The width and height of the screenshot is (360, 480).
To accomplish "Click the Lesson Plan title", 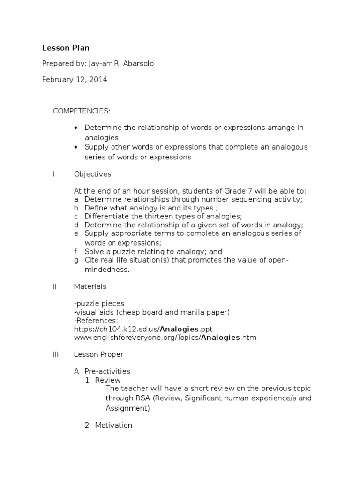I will [x=66, y=48].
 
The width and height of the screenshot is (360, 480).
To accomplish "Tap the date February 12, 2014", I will [x=75, y=79].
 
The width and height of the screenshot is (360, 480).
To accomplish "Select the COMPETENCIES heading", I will [x=82, y=111].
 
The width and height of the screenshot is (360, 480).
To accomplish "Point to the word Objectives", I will [x=92, y=174].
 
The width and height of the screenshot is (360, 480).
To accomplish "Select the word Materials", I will [x=90, y=286].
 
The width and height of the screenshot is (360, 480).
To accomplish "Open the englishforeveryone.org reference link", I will [x=165, y=337].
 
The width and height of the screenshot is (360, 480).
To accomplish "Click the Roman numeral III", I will [x=55, y=354].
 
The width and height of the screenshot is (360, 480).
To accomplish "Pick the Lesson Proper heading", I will [x=98, y=354].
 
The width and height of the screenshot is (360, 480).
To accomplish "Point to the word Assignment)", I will [x=127, y=408].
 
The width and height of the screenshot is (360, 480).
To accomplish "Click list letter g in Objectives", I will [x=76, y=260].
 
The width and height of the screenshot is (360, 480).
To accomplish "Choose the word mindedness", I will [x=107, y=270].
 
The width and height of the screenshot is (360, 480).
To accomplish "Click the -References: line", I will [x=96, y=321].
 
